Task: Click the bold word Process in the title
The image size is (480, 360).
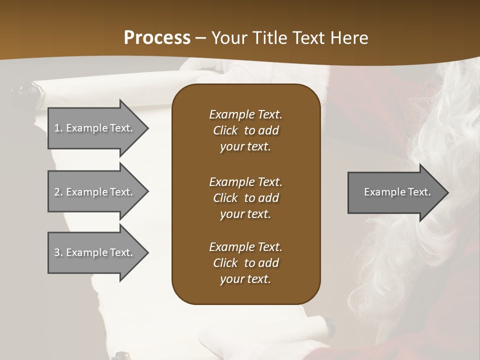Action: pyautogui.click(x=157, y=38)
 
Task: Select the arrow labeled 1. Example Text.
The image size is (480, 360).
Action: pyautogui.click(x=95, y=128)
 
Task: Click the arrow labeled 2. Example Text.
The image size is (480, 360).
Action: pyautogui.click(x=95, y=192)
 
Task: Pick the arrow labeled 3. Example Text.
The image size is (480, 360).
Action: pyautogui.click(x=95, y=252)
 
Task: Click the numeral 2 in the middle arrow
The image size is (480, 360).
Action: pyautogui.click(x=57, y=192)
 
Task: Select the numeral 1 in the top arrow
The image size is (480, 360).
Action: pyautogui.click(x=57, y=128)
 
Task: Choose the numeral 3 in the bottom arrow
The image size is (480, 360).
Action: pyautogui.click(x=57, y=252)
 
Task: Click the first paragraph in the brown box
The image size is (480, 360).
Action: pyautogui.click(x=245, y=130)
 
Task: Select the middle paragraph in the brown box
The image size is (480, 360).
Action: pyautogui.click(x=245, y=197)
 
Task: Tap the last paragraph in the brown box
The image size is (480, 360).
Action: pyautogui.click(x=245, y=263)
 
